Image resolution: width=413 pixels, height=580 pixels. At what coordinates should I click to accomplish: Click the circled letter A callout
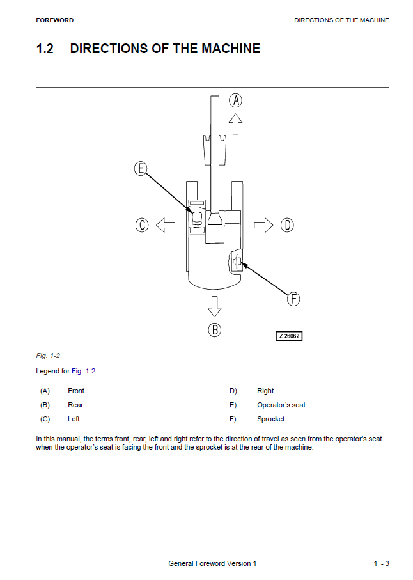(235, 100)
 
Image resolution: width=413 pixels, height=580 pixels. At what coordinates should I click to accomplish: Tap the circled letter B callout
(214, 329)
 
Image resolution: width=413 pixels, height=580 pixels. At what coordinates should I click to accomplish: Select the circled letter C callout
(142, 225)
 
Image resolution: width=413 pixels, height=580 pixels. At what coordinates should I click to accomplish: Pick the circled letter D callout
(287, 225)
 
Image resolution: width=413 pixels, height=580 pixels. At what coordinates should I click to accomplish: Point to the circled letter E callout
(141, 169)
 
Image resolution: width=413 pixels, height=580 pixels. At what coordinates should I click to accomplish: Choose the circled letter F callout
(293, 299)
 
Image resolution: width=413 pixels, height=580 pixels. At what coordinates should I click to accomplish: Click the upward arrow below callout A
(235, 123)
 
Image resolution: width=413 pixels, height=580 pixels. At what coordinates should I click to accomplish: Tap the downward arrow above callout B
(214, 306)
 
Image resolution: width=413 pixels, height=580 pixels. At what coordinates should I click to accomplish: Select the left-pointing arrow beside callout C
(166, 225)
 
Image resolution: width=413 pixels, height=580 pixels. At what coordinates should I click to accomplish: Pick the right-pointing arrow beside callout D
(263, 225)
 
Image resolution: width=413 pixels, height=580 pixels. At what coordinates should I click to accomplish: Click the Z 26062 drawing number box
(289, 336)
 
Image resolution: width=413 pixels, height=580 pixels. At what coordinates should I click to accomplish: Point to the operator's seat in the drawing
(196, 217)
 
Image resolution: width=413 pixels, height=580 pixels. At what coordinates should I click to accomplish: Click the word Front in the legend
(76, 391)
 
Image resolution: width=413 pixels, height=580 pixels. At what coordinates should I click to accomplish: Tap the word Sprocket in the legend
(271, 419)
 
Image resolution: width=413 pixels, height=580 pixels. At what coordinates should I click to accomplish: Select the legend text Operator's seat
(281, 405)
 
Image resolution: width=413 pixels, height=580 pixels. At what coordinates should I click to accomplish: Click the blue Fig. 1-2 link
(84, 371)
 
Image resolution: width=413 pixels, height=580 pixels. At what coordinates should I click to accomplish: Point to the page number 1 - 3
(382, 563)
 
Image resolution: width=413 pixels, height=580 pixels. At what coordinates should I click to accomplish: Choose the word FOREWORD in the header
(55, 20)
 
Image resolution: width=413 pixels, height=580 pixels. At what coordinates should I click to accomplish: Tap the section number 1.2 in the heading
(45, 49)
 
